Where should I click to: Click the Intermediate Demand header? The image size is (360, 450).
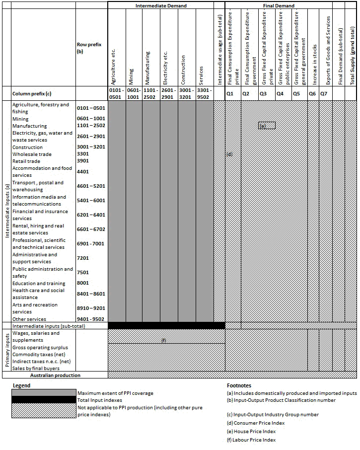[x=161, y=6]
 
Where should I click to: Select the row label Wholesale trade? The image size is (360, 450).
[x=32, y=154]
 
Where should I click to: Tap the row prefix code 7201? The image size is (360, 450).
[x=83, y=258]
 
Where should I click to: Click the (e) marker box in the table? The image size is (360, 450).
[x=267, y=126]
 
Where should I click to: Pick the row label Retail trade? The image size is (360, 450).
[x=26, y=161]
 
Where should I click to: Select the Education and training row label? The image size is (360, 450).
[x=39, y=284]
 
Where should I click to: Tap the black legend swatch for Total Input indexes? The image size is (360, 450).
[x=44, y=400]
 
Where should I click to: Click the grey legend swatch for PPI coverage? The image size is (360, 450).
[x=44, y=393]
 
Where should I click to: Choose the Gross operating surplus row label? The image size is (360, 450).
[x=40, y=348]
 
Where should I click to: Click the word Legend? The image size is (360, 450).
[x=21, y=385]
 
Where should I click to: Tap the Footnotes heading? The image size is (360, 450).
[x=238, y=385]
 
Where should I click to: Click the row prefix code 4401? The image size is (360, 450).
[x=83, y=172]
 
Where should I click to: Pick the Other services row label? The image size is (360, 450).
[x=29, y=319]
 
